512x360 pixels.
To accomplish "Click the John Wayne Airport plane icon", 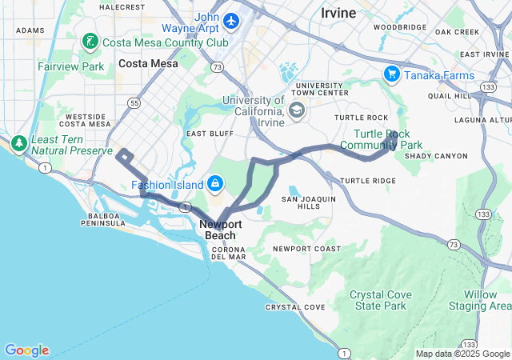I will [232, 19].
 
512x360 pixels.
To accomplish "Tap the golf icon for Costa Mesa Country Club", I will [90, 41].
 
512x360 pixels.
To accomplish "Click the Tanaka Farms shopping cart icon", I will [391, 74].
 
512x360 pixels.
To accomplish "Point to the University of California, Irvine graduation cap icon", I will [297, 110].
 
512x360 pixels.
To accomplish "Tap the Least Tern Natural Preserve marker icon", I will [19, 144].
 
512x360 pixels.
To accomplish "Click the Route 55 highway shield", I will [135, 103].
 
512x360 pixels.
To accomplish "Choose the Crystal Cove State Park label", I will [378, 300].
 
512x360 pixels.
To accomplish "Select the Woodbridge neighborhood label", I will [399, 26].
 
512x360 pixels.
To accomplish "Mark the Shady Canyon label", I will [435, 155].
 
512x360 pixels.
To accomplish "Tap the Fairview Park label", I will [70, 66].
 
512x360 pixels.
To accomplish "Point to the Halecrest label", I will [122, 6].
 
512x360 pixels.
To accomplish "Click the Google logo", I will [26, 350].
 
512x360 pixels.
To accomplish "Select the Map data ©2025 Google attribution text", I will [462, 354].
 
